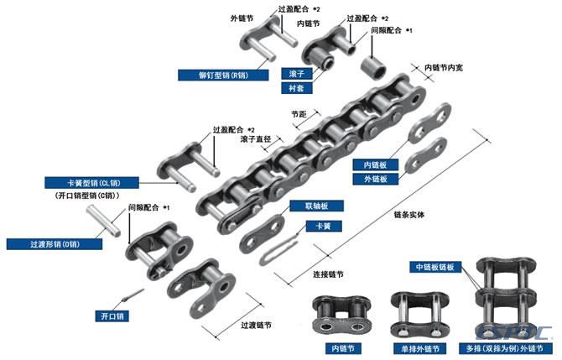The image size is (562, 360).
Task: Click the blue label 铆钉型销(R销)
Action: (223, 76)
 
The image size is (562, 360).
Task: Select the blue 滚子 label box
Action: (297, 74)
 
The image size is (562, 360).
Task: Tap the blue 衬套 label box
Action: (297, 88)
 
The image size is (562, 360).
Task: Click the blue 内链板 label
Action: (375, 164)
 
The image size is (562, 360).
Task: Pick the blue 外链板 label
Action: (375, 179)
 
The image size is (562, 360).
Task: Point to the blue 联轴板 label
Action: (316, 206)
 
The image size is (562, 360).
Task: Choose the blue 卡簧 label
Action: (324, 227)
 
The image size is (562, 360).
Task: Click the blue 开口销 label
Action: (112, 316)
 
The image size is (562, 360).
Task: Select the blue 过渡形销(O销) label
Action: (55, 244)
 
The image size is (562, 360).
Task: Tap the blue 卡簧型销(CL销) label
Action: (91, 183)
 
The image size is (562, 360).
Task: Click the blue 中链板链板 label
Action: (435, 267)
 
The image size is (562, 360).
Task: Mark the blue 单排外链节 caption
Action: (419, 348)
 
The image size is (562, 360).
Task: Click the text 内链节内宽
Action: (444, 67)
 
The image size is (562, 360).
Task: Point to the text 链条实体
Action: (409, 215)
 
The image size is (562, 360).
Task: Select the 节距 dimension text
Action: (299, 114)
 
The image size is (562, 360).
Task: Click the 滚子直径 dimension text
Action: (256, 138)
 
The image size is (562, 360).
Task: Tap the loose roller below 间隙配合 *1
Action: (373, 68)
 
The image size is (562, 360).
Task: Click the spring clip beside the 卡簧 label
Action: (278, 251)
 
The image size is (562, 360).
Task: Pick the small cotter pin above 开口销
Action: (133, 295)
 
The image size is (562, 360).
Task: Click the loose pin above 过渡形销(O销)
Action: (103, 221)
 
